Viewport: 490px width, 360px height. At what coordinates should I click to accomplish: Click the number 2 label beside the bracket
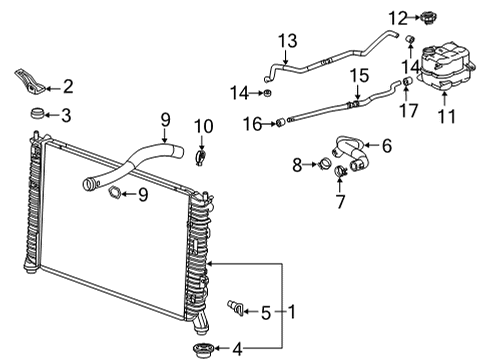click(x=68, y=86)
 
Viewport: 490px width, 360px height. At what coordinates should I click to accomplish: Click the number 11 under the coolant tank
click(x=446, y=117)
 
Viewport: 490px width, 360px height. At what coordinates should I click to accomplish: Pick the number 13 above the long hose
click(x=288, y=41)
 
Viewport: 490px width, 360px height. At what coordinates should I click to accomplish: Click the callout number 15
click(x=358, y=75)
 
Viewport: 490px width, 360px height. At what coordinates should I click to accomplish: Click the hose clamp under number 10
click(x=203, y=156)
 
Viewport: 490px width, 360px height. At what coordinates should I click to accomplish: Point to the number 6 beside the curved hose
click(x=386, y=146)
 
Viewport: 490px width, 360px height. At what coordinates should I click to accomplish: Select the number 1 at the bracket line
click(x=291, y=310)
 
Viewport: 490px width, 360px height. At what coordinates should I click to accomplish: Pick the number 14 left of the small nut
click(x=237, y=93)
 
